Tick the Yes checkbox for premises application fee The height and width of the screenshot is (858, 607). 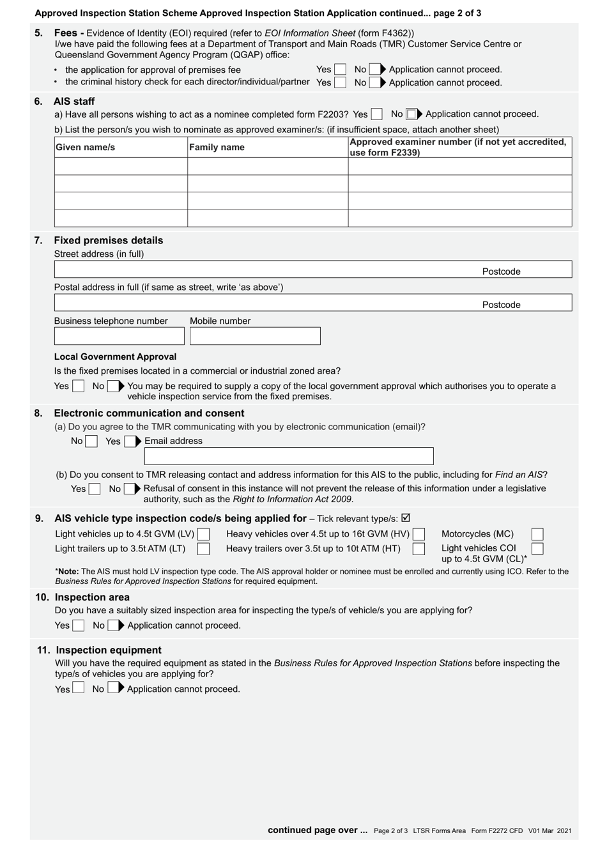coord(340,70)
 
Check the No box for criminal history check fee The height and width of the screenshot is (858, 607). coord(374,82)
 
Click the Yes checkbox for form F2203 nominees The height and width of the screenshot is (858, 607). coord(377,114)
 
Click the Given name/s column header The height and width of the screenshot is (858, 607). coord(86,148)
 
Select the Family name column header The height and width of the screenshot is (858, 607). coord(217,148)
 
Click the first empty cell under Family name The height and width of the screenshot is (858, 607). coord(267,166)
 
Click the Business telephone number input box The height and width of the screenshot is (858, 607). coord(119,336)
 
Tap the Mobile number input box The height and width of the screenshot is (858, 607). coord(255,336)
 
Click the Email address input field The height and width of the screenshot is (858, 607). coord(289,456)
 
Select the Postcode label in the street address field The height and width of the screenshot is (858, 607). coord(501,272)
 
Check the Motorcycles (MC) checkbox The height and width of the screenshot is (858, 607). coord(537,534)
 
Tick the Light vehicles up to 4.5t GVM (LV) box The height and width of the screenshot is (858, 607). coord(203,534)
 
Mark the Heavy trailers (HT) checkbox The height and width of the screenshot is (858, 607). coord(419,549)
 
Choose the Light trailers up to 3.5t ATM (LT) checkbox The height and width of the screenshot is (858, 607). coord(203,549)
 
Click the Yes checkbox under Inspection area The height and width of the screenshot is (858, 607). coord(78,625)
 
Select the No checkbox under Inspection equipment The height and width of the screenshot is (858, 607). coord(113,688)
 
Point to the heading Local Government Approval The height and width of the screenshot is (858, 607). coord(115,356)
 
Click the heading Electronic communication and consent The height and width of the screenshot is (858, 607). coord(149,413)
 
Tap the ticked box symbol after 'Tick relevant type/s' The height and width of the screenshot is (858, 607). coord(406,518)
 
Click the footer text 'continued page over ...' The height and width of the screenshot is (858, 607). coord(318,830)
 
